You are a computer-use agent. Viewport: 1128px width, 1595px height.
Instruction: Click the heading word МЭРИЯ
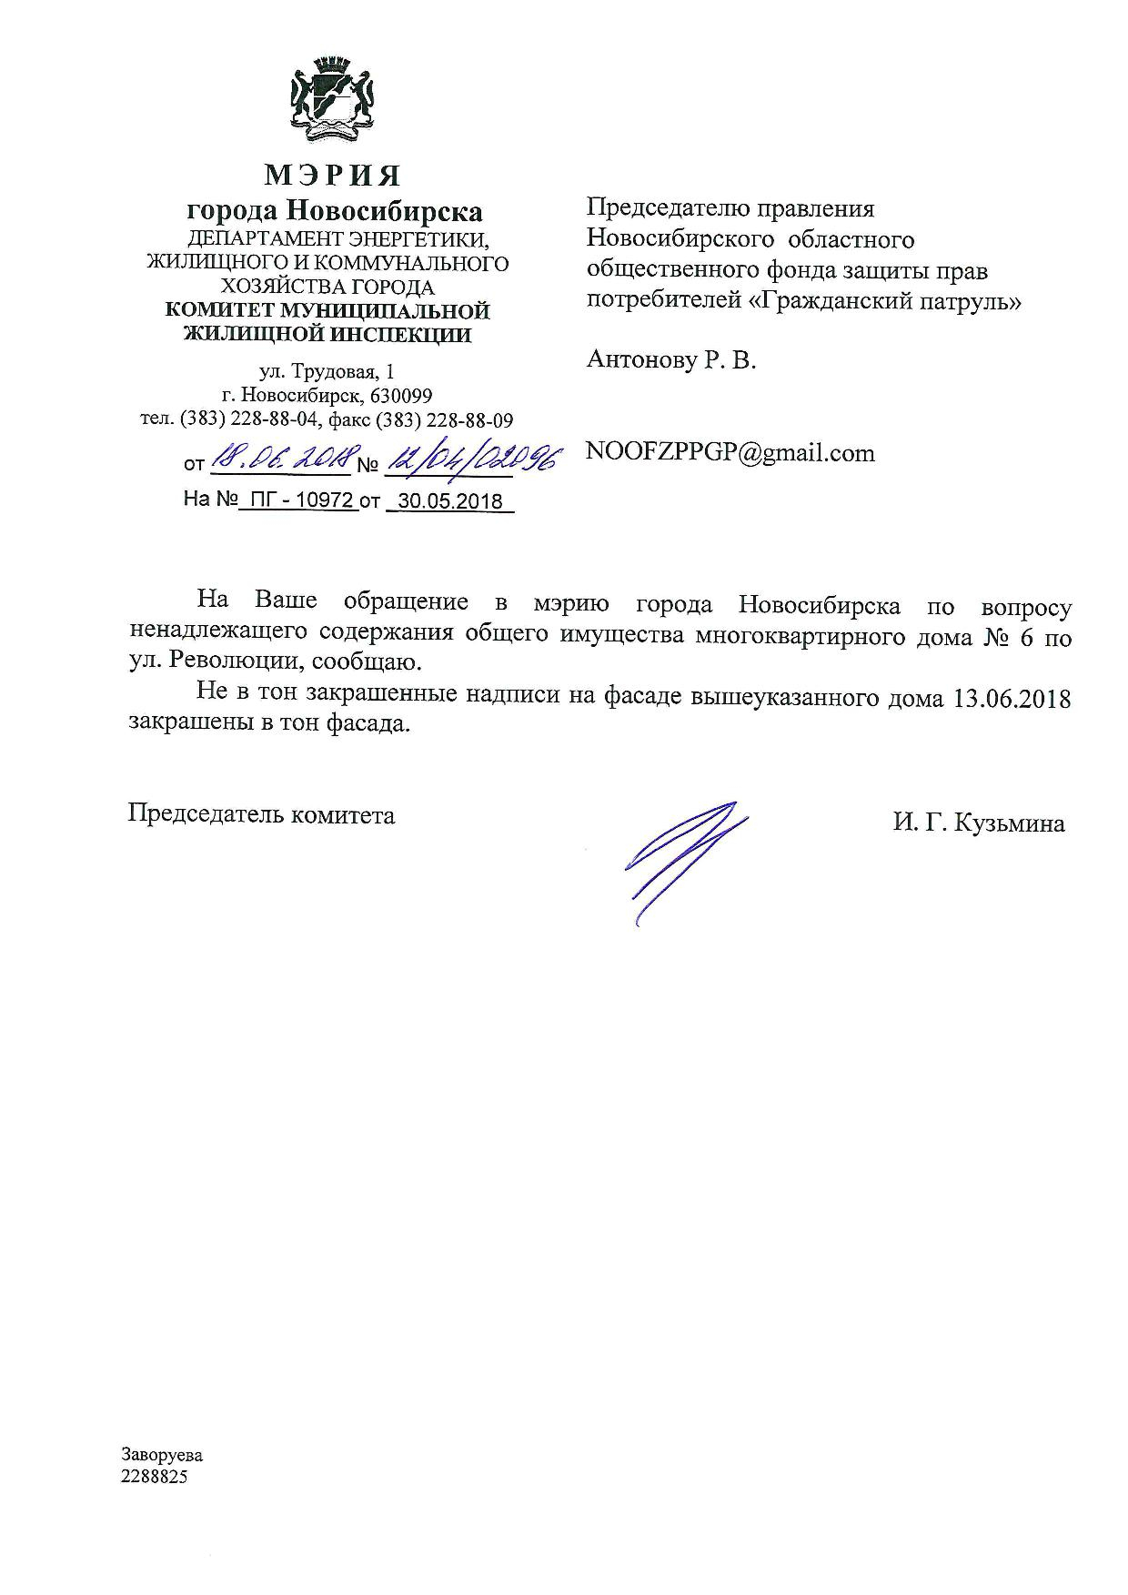pyautogui.click(x=333, y=174)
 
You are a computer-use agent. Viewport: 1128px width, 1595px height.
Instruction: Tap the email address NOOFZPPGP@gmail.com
pyautogui.click(x=730, y=452)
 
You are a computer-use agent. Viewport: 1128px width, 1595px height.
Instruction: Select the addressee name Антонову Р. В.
pyautogui.click(x=671, y=360)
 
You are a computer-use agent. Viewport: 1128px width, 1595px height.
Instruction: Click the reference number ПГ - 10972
pyautogui.click(x=297, y=500)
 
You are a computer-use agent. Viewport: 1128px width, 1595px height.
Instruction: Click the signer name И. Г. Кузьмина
pyautogui.click(x=978, y=823)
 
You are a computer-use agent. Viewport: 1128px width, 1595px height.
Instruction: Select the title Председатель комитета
pyautogui.click(x=261, y=814)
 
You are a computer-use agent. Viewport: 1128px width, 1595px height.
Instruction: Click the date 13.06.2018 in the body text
pyautogui.click(x=1012, y=697)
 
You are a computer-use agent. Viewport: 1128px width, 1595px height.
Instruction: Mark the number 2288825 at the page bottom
pyautogui.click(x=155, y=1477)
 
